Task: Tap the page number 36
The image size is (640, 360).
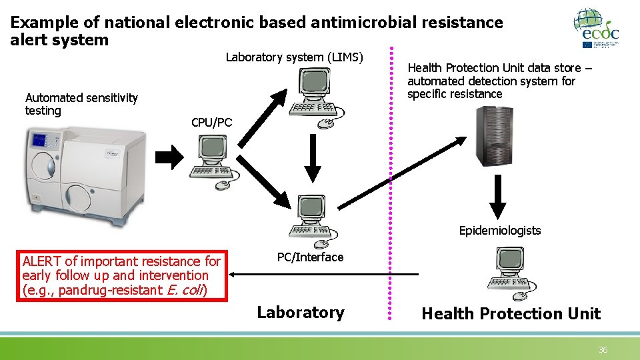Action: coord(603,350)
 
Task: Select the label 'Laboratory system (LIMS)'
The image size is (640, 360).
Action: coord(294,57)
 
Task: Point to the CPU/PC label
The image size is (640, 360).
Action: coord(211,123)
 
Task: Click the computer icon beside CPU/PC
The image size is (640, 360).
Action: coord(215,163)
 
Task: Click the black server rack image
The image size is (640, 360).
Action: coord(494,136)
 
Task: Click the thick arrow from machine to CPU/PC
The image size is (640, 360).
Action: coord(169,158)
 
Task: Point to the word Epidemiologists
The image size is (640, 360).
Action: coord(500,231)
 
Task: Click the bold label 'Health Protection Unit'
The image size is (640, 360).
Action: coord(511,314)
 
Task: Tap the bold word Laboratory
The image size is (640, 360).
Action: coord(301,313)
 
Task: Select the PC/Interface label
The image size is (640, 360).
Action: coord(310,257)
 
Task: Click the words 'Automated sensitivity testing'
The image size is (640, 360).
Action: coord(81,104)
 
